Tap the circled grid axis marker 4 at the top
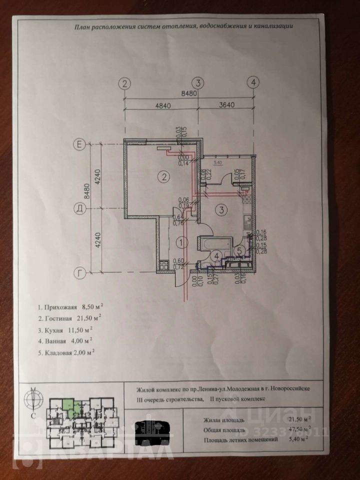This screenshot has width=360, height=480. point(254,82)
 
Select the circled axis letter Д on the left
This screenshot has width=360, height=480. point(78,207)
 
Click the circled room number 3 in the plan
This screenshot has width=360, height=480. point(223,209)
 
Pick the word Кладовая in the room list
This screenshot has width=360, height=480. point(62,352)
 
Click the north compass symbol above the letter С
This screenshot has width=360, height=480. point(33,397)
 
